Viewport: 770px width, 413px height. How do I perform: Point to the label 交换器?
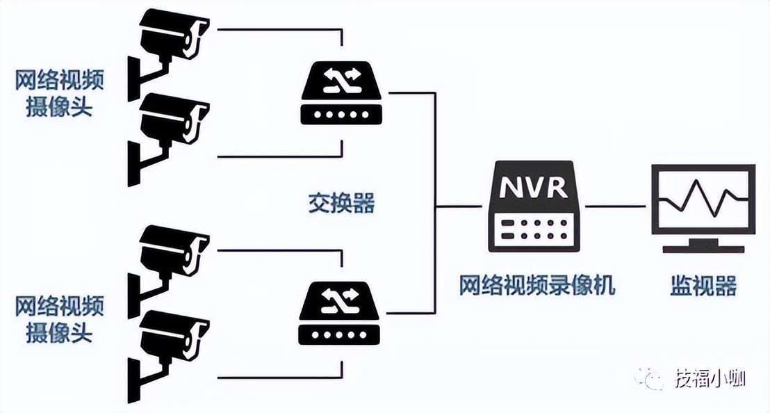click(x=341, y=203)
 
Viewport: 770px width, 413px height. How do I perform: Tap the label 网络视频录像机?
click(x=536, y=285)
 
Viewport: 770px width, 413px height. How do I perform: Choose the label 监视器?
click(x=703, y=286)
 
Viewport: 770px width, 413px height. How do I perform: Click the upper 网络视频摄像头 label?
click(x=60, y=95)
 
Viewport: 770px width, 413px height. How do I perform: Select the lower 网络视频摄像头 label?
click(x=60, y=318)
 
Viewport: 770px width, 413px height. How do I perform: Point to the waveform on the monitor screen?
click(x=703, y=200)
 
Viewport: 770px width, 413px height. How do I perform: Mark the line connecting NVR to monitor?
click(x=617, y=206)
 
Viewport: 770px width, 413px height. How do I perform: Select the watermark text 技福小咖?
click(x=710, y=379)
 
